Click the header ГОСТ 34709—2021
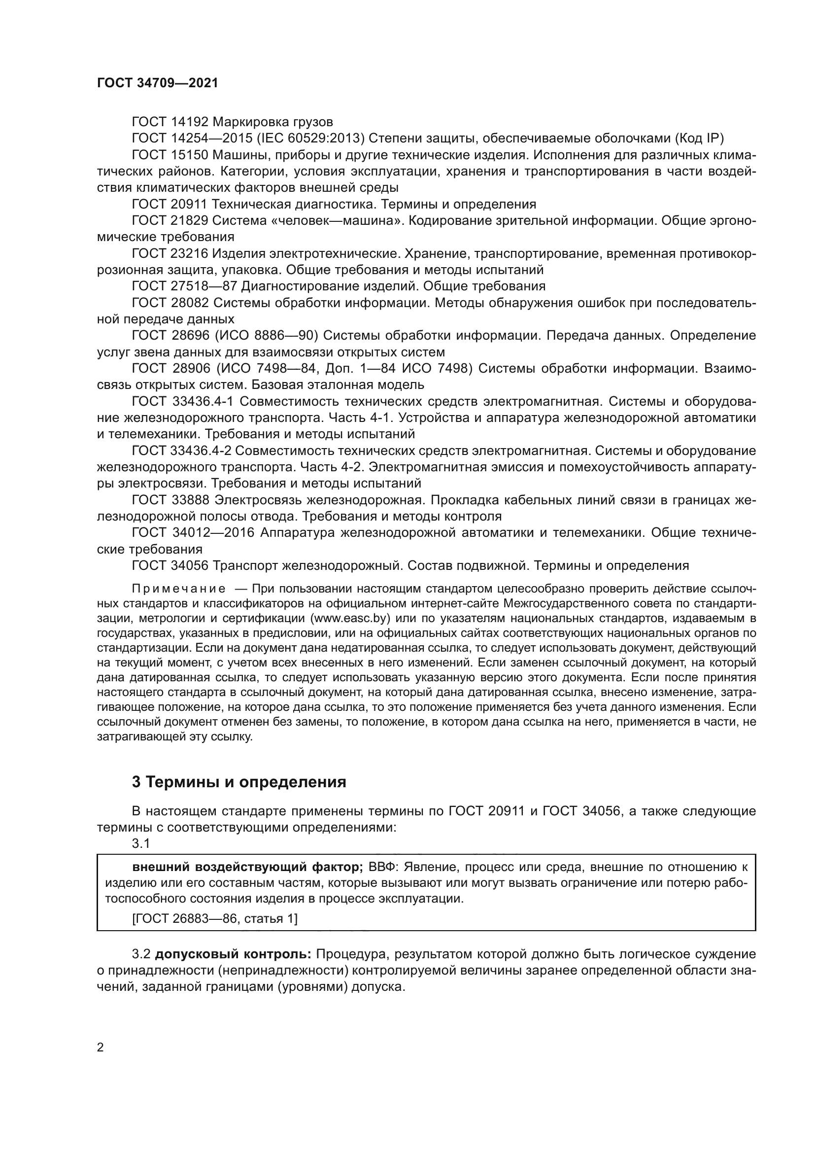coord(158,83)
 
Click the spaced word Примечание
coord(178,589)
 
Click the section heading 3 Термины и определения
coord(239,782)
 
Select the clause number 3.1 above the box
coord(141,843)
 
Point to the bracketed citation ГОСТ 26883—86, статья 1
coord(215,919)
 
